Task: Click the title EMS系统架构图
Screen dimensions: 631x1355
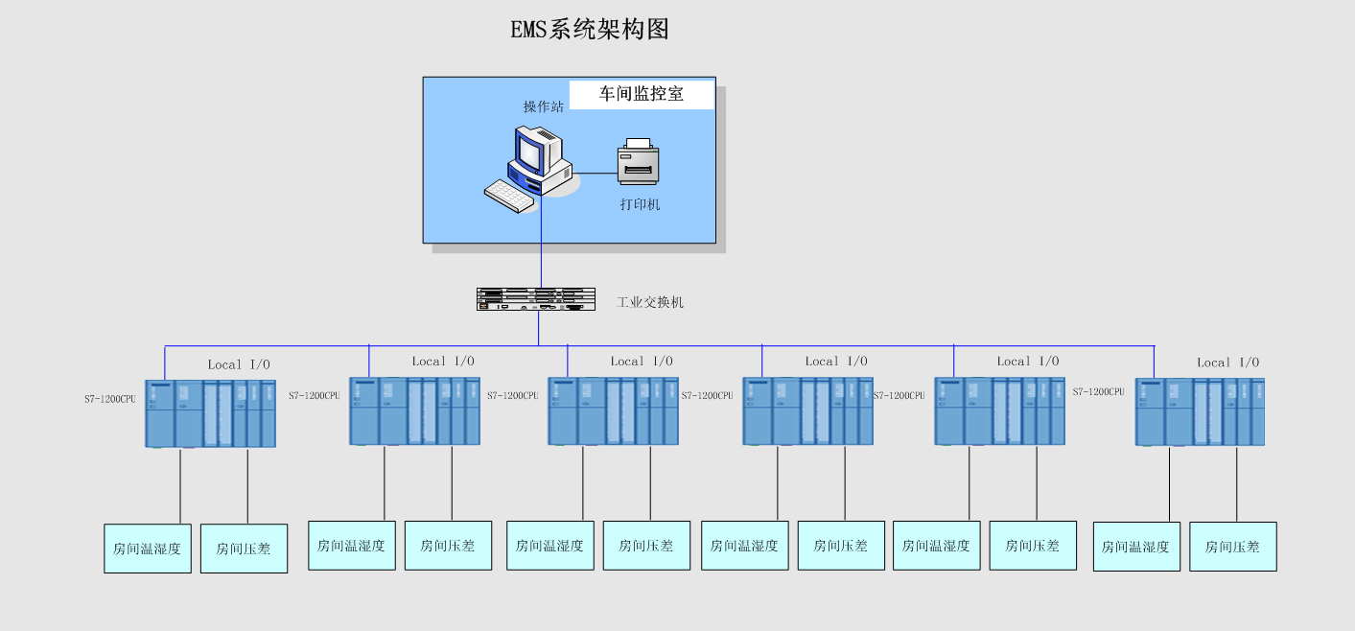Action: (x=589, y=30)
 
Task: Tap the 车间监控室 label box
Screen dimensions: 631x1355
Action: (x=642, y=94)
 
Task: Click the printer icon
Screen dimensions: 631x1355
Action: (x=639, y=162)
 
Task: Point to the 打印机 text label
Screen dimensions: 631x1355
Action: (x=640, y=204)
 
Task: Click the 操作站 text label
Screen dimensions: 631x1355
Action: (x=543, y=106)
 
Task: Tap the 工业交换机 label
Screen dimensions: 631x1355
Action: (x=650, y=302)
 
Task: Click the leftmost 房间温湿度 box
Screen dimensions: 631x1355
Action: (x=147, y=549)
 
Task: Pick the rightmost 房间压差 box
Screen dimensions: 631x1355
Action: (x=1232, y=547)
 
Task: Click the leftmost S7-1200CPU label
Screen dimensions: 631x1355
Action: (x=109, y=398)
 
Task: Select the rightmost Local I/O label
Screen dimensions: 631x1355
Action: (x=1227, y=362)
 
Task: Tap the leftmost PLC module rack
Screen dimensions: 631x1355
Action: (x=210, y=413)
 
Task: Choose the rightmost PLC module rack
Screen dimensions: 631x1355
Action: (x=1200, y=411)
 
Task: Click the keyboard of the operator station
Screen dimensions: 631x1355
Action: (x=508, y=196)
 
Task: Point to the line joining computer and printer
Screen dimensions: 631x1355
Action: (x=596, y=174)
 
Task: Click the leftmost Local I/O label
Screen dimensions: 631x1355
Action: (x=239, y=364)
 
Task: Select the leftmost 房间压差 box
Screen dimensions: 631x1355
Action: (x=244, y=549)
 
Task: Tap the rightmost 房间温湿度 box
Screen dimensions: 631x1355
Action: (x=1136, y=547)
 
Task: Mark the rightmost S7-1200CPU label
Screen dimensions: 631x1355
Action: (x=1098, y=391)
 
